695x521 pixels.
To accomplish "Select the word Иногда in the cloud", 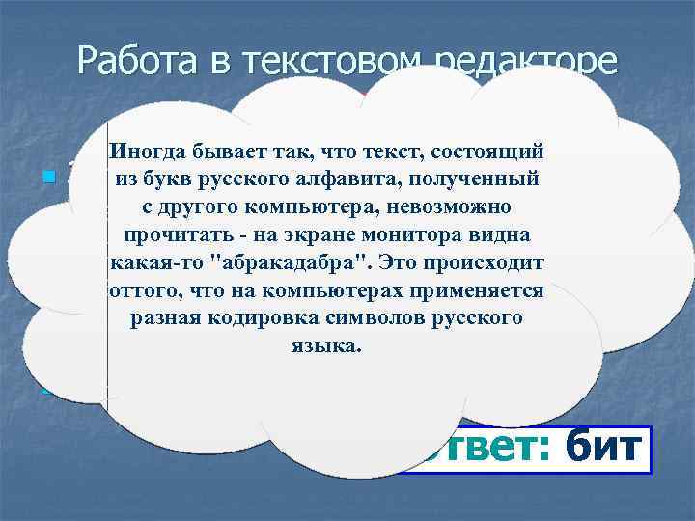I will (x=146, y=151).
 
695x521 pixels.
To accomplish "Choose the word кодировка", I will (x=242, y=318).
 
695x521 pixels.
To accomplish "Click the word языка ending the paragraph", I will (x=324, y=346).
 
